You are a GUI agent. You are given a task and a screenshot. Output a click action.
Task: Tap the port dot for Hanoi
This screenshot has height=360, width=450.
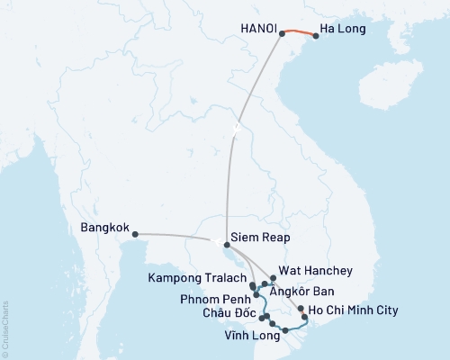283,33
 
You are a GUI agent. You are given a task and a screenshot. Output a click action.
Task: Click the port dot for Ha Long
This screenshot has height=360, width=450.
315,37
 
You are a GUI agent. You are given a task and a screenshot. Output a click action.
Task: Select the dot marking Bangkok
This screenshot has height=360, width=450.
135,235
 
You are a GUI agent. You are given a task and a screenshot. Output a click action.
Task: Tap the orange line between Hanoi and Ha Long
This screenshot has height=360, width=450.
299,32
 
